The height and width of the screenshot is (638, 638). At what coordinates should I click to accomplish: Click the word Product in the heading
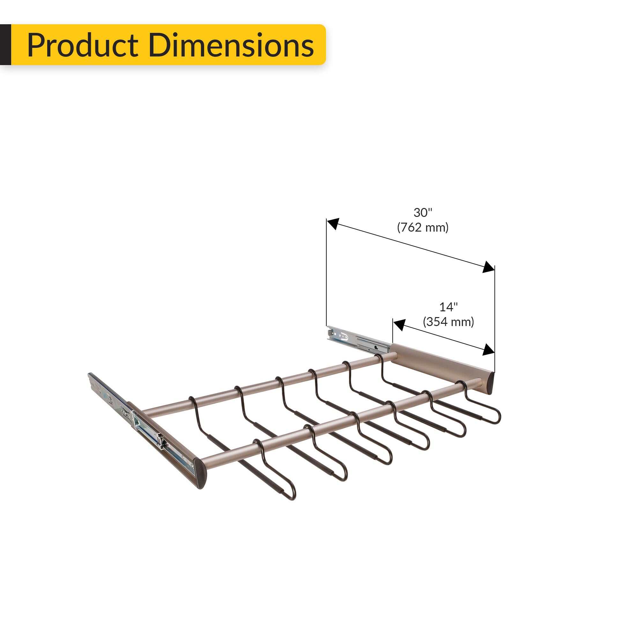83,45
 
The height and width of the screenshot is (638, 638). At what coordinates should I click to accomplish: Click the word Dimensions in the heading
231,45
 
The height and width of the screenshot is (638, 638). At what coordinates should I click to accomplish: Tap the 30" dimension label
423,213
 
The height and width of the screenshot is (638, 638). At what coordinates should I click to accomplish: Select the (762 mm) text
423,227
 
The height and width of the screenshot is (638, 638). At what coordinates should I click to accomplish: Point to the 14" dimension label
448,307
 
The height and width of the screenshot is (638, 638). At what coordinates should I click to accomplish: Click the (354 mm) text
448,322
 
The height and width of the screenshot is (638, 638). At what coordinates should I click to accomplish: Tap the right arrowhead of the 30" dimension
488,267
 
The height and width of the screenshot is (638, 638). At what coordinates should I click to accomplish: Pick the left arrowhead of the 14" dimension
399,325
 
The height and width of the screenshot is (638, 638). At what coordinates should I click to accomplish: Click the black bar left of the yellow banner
5,45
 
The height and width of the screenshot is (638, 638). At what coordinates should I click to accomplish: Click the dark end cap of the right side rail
490,383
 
